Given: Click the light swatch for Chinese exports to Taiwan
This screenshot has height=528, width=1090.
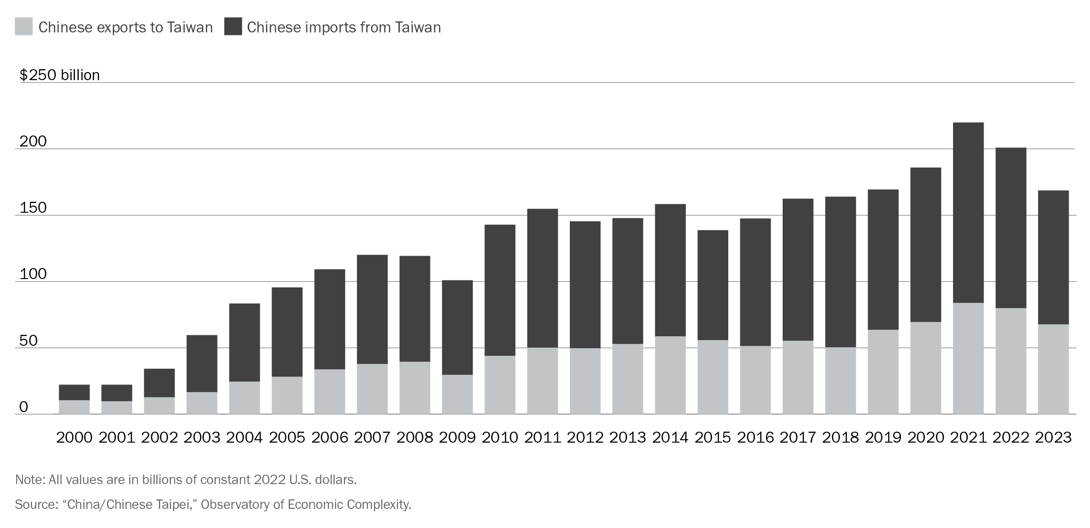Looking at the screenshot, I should pos(24,27).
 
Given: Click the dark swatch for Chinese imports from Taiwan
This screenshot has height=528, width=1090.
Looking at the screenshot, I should pos(233,27).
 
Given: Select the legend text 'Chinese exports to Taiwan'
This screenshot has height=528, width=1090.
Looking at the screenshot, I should pos(126,28).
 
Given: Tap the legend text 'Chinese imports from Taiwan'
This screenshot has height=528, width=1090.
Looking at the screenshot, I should pos(344,28).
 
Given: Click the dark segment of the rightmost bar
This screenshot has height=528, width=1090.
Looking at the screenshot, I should pos(1053,258).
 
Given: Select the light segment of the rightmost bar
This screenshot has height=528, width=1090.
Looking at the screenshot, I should pos(1053,369).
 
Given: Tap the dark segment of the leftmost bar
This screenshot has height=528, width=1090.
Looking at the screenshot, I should pos(74,392).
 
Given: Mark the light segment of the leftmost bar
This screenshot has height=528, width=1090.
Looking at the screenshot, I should pos(74,407).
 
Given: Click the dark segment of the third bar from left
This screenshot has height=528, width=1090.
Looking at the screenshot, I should pos(159,383).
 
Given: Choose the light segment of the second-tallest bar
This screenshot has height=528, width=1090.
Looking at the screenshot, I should pos(1011,361).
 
